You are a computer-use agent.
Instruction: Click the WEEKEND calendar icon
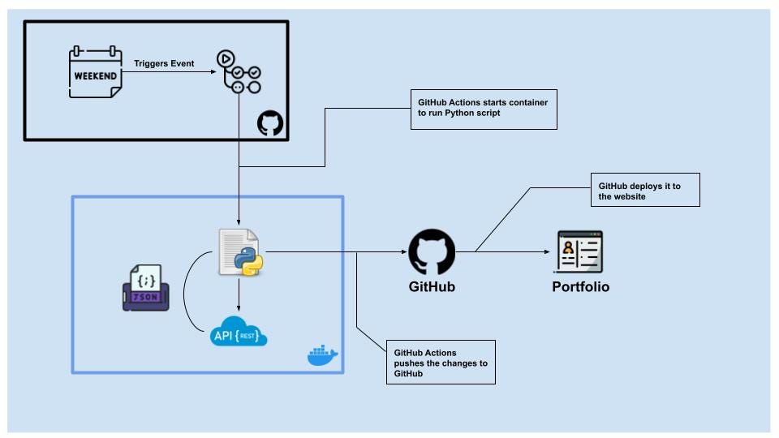(x=96, y=74)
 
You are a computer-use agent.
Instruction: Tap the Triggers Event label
(x=164, y=63)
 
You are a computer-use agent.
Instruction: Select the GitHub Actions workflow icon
(x=238, y=72)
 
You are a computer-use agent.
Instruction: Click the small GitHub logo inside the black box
(x=270, y=123)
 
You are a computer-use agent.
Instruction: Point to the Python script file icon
(x=239, y=252)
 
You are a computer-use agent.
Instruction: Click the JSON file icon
(x=146, y=288)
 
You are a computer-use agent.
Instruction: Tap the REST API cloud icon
(x=239, y=332)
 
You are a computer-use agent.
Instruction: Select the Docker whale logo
(x=322, y=354)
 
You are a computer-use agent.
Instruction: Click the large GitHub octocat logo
(x=432, y=252)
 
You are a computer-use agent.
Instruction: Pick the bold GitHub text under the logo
(x=432, y=287)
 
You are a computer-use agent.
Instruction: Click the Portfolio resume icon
(x=580, y=251)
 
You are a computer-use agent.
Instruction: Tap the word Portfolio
(x=580, y=287)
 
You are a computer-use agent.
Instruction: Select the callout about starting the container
(x=484, y=109)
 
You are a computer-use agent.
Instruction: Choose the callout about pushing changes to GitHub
(x=441, y=362)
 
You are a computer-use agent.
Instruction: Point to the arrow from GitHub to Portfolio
(x=511, y=251)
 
